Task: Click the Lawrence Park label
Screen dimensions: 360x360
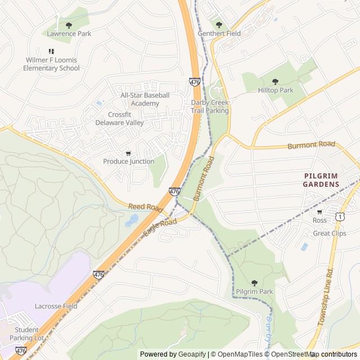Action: (x=69, y=34)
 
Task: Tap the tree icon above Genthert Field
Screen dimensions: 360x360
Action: (x=219, y=24)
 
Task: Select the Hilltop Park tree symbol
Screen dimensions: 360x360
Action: (x=275, y=82)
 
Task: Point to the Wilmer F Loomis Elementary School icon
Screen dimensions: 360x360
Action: (x=51, y=51)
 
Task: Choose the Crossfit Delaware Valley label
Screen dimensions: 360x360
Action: (x=119, y=119)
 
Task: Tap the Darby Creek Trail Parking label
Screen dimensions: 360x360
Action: (x=210, y=106)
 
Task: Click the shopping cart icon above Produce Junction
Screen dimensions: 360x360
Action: (x=128, y=153)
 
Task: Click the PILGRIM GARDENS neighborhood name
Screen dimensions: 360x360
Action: (x=321, y=180)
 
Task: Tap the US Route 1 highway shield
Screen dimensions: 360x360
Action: (x=340, y=216)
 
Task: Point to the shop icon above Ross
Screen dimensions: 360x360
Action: (x=319, y=212)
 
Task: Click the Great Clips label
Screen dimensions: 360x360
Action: (x=329, y=233)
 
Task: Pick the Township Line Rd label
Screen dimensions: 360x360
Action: (x=326, y=297)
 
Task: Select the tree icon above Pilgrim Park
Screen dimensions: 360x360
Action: (x=254, y=283)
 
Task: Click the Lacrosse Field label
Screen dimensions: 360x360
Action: (x=56, y=306)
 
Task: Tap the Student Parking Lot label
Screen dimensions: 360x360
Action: (x=27, y=334)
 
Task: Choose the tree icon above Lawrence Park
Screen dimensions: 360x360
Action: (x=69, y=25)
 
